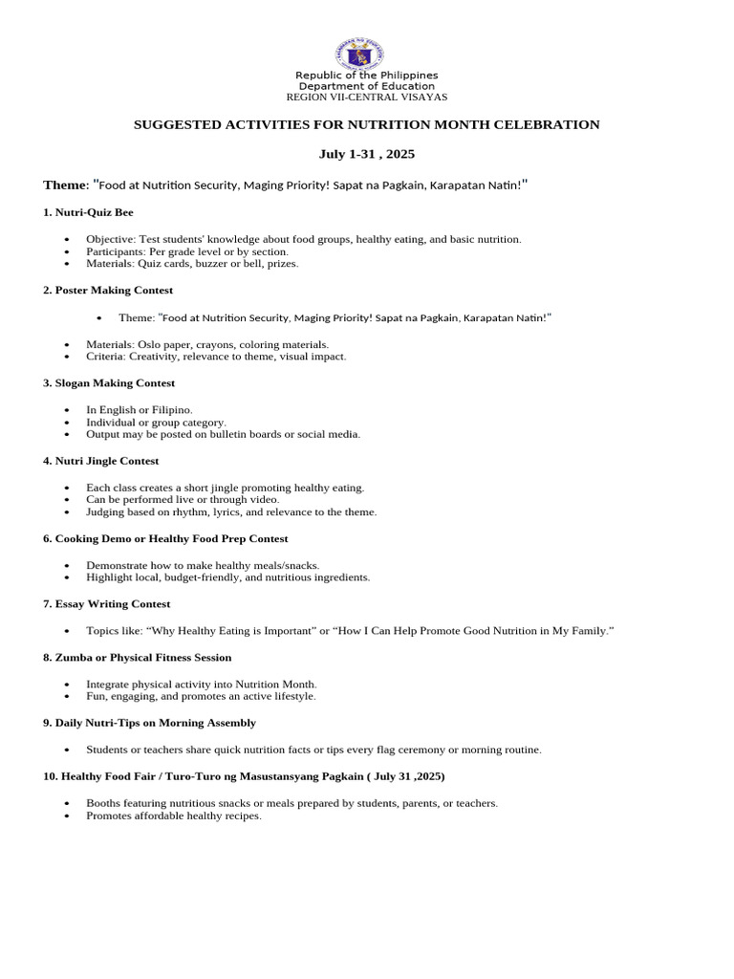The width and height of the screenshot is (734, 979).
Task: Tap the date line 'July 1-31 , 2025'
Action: point(366,154)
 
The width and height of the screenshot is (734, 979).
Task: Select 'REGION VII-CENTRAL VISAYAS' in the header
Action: point(367,98)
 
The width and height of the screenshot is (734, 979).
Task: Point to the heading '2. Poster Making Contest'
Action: point(108,290)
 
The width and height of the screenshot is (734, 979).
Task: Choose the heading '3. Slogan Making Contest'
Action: point(109,383)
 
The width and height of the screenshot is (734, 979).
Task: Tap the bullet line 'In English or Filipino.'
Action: point(139,409)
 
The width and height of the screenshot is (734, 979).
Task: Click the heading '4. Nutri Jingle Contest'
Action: point(100,461)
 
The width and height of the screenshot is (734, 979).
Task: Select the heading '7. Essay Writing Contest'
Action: point(106,604)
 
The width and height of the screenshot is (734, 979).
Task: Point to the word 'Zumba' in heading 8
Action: point(73,658)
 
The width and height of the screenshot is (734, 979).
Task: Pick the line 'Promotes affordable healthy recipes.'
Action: point(173,816)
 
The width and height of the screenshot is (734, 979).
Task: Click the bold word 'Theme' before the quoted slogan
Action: point(65,185)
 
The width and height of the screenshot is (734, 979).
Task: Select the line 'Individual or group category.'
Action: point(156,422)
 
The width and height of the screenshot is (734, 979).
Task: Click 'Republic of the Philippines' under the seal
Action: point(366,76)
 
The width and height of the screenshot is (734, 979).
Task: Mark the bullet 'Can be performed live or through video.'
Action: point(183,499)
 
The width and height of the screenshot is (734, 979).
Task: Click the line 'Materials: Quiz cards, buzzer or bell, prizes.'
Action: point(192,263)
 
